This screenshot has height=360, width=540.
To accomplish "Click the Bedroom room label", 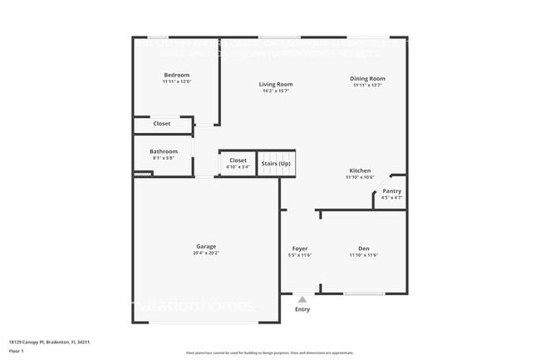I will pyautogui.click(x=176, y=76).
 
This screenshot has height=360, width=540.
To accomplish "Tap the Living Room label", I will pyautogui.click(x=275, y=84).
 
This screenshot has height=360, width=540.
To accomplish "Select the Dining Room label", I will pyautogui.click(x=367, y=79).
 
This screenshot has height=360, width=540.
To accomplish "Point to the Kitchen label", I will pyautogui.click(x=360, y=170).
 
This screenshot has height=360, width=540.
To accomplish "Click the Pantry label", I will pyautogui.click(x=391, y=191).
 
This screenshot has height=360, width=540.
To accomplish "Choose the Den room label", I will pyautogui.click(x=364, y=249).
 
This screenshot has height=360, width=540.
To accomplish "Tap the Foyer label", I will pyautogui.click(x=300, y=249).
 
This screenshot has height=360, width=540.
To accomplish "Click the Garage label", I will pyautogui.click(x=206, y=246).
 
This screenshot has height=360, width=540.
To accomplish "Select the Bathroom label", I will pyautogui.click(x=164, y=151).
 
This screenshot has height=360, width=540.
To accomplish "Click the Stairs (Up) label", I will pyautogui.click(x=276, y=164).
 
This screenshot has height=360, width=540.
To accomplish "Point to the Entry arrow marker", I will pyautogui.click(x=302, y=299).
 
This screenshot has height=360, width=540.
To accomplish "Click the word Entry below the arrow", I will pyautogui.click(x=302, y=309).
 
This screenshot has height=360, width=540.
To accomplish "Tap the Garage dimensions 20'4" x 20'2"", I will pyautogui.click(x=206, y=253).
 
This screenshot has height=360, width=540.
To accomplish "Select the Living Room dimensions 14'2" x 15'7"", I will pyautogui.click(x=275, y=91).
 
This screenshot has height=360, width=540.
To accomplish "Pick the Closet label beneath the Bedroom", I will pyautogui.click(x=162, y=124).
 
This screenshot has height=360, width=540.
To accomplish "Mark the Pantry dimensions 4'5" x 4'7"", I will pyautogui.click(x=391, y=198).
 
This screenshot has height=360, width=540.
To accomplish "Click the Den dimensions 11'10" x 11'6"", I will pyautogui.click(x=364, y=255).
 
